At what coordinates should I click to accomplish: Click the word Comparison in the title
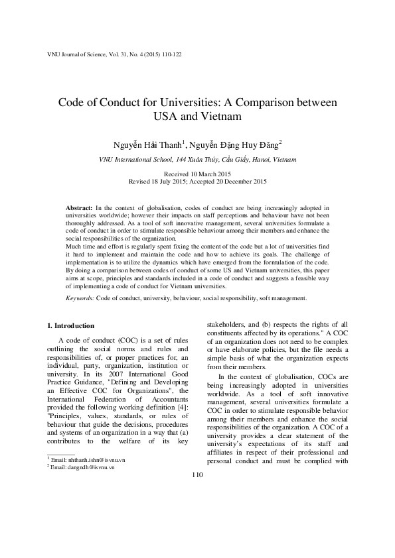click(261, 103)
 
